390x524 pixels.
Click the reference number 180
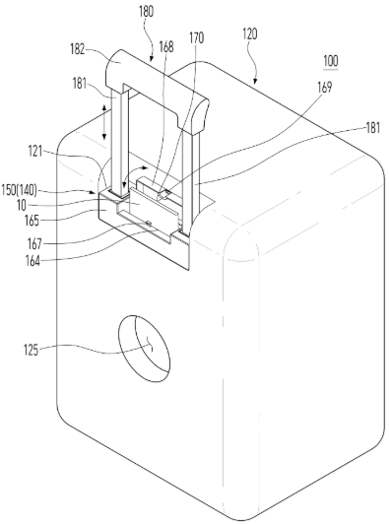(147, 12)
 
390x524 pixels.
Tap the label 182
(77, 50)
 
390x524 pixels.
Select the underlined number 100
(331, 61)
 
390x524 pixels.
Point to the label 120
(249, 34)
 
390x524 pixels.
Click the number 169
(324, 87)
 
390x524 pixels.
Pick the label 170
(196, 38)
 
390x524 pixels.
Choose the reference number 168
(166, 47)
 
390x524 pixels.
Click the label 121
(35, 152)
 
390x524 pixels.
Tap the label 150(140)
(19, 190)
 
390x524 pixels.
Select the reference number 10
(21, 206)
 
